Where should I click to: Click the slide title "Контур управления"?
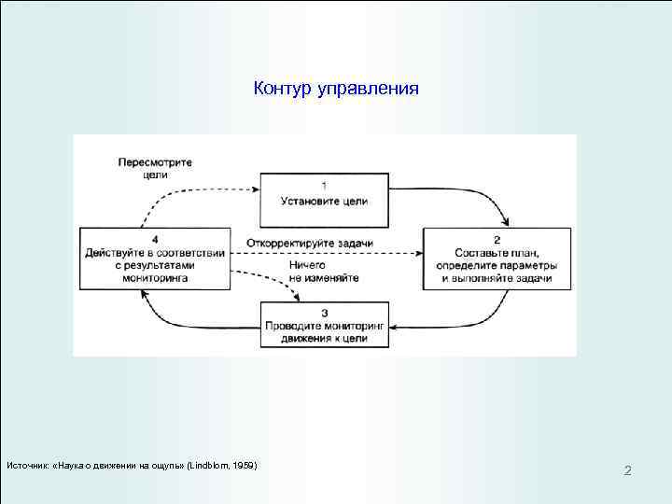click(x=336, y=89)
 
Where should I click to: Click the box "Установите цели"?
click(x=324, y=199)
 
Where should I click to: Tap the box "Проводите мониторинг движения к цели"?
click(x=324, y=326)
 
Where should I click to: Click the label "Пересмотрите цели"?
click(x=155, y=167)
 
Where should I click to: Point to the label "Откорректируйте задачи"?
click(x=311, y=244)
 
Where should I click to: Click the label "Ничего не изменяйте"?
click(x=314, y=271)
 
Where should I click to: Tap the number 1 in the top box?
click(x=323, y=184)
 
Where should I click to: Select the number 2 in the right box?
click(x=497, y=239)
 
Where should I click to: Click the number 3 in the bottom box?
click(x=323, y=312)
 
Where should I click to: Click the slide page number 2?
click(x=627, y=470)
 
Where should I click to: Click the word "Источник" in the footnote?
click(x=28, y=465)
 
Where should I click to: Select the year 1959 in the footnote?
click(x=245, y=465)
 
